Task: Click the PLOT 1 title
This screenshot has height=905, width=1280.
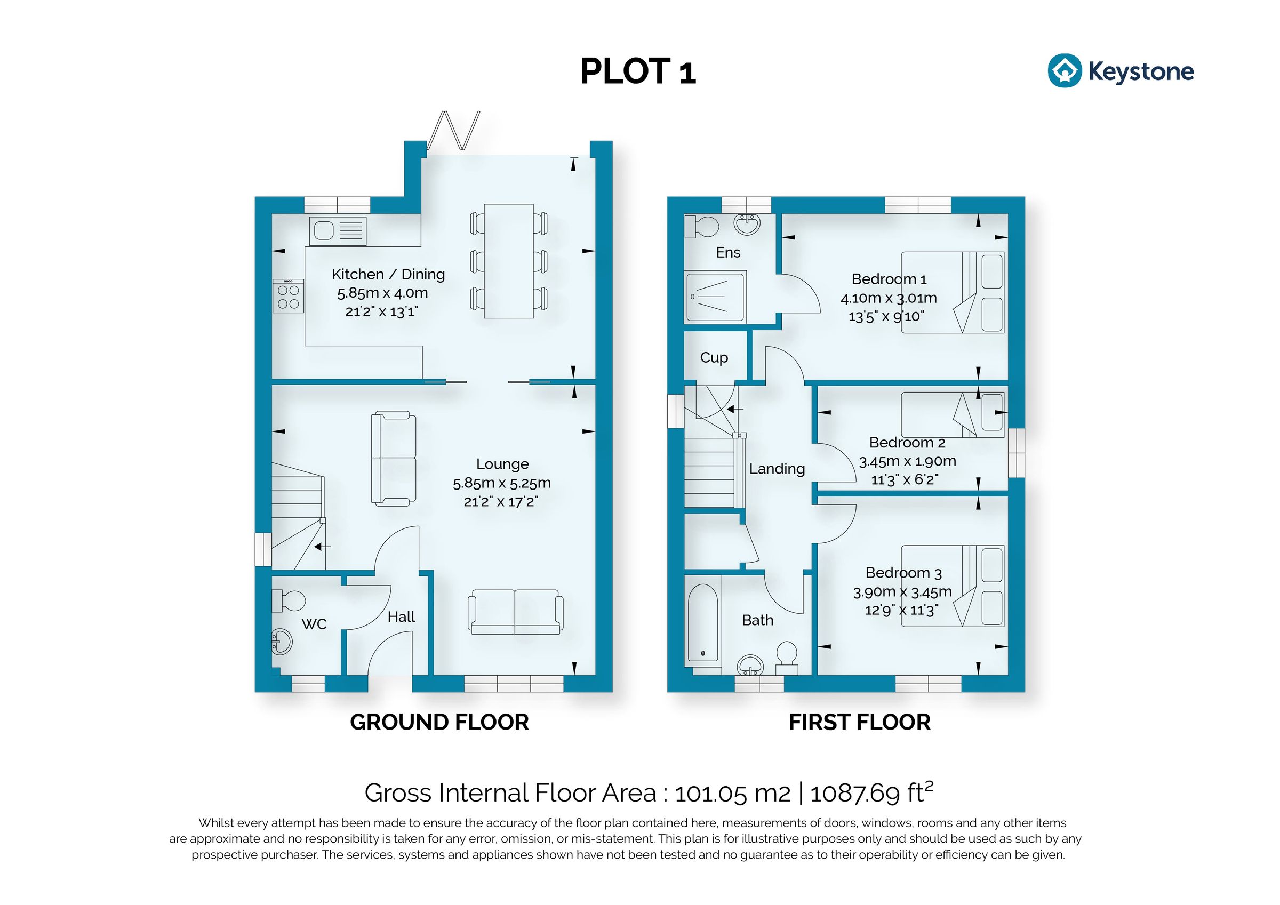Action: [638, 73]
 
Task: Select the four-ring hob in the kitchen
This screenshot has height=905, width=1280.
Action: [287, 295]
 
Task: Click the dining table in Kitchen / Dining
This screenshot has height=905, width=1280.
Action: [508, 261]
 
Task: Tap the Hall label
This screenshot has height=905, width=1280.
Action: [401, 616]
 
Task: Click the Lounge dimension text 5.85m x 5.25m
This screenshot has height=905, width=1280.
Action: [501, 483]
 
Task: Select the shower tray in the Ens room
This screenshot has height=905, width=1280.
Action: [715, 297]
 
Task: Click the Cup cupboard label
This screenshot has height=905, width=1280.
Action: [714, 357]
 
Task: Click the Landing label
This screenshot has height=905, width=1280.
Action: [777, 469]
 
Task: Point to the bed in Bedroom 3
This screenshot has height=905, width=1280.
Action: [952, 586]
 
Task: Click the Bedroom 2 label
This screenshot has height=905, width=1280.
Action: [907, 442]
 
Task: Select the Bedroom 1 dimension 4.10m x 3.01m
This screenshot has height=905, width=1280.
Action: [888, 298]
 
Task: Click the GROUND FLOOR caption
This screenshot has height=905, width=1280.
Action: [439, 722]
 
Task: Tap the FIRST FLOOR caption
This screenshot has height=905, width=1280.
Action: [859, 722]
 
